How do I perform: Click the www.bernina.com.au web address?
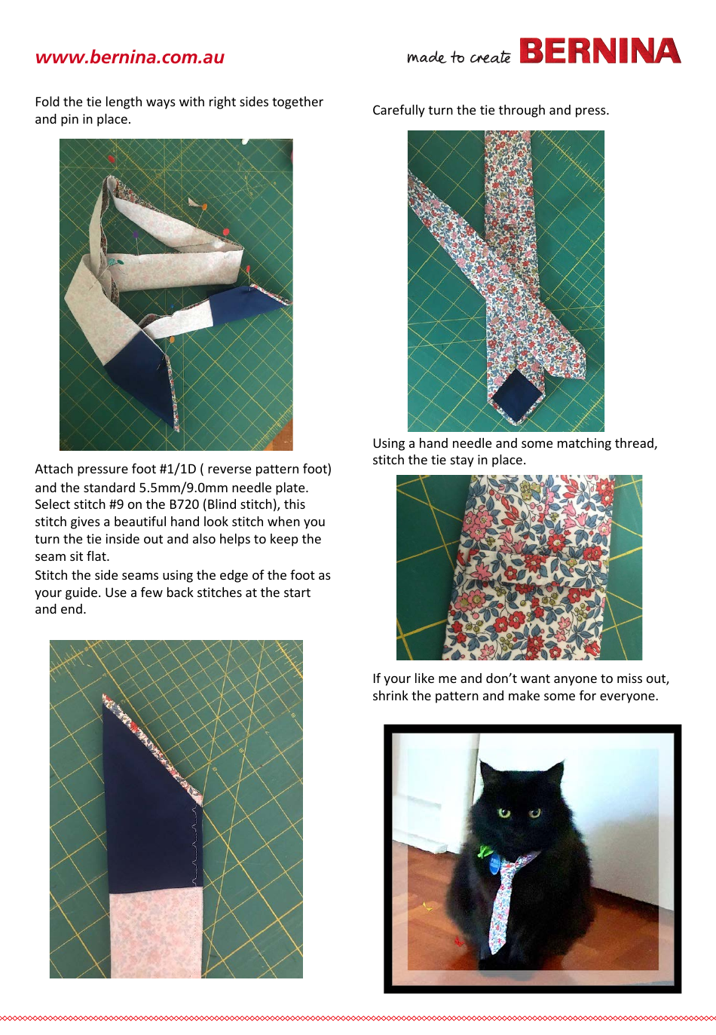pyautogui.click(x=130, y=57)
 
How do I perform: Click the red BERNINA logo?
pyautogui.click(x=600, y=51)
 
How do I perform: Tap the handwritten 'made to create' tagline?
pyautogui.click(x=458, y=57)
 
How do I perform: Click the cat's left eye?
pyautogui.click(x=504, y=813)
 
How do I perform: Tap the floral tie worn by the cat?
pyautogui.click(x=503, y=901)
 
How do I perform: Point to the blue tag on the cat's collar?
pyautogui.click(x=494, y=862)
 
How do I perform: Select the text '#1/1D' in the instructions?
pyautogui.click(x=178, y=469)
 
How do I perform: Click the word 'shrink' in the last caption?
pyautogui.click(x=390, y=696)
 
